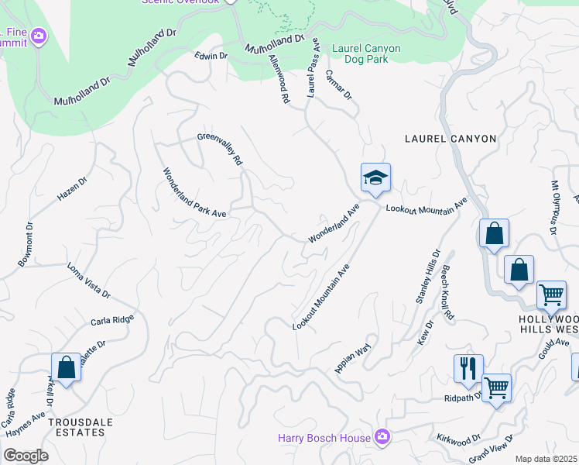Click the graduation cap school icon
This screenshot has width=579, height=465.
(375, 178)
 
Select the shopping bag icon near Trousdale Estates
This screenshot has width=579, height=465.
(66, 367)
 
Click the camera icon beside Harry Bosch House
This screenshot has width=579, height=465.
(382, 438)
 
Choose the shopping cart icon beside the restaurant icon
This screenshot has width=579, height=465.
(495, 387)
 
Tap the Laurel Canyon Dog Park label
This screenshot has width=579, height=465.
(366, 53)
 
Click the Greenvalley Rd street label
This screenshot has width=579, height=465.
(221, 149)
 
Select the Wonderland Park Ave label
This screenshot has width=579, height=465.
(194, 193)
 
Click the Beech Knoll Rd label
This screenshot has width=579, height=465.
(447, 294)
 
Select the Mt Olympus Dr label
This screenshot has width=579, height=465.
(554, 207)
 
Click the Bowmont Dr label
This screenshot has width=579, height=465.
(24, 246)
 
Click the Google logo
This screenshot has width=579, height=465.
(26, 456)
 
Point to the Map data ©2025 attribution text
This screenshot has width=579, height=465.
(546, 459)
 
